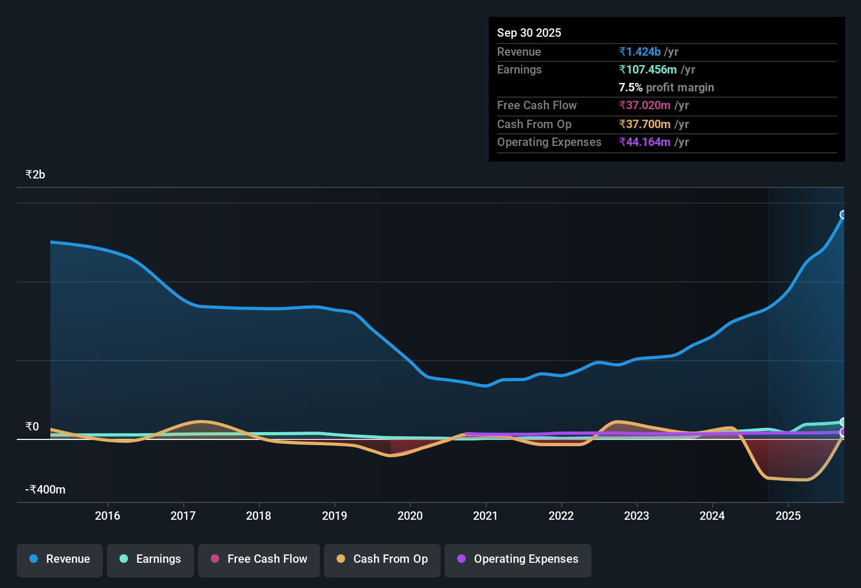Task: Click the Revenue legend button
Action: coord(60,560)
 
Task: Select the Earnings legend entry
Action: coord(150,560)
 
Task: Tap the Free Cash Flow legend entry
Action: coord(259,560)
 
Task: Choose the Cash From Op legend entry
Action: coord(382,560)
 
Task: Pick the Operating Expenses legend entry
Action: coord(518,560)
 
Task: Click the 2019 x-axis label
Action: coord(335,516)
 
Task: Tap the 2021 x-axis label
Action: coord(486,516)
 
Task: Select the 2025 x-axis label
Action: coord(788,516)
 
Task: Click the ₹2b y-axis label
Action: coord(35,175)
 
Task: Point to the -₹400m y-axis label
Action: coord(45,489)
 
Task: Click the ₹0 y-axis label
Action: coord(33,426)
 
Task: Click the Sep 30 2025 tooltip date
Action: coord(529,33)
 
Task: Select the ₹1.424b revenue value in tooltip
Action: coord(640,51)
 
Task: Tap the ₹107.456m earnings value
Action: coord(648,70)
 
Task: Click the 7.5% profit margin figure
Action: coord(630,87)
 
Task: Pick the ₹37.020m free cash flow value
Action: coord(644,105)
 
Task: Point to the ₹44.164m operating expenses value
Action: coord(644,142)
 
